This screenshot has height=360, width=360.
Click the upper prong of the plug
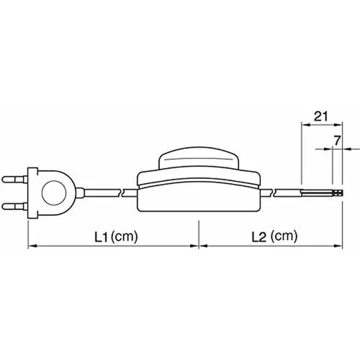(14, 179)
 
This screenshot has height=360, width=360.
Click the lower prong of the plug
(14, 206)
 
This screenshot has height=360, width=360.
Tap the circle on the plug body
(54, 193)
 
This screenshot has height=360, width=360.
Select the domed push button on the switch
(199, 158)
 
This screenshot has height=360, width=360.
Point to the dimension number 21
(321, 116)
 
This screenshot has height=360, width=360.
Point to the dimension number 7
(337, 140)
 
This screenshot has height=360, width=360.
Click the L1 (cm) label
(116, 236)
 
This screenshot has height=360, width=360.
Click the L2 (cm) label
(274, 236)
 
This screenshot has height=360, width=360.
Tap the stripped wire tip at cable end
(337, 193)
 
